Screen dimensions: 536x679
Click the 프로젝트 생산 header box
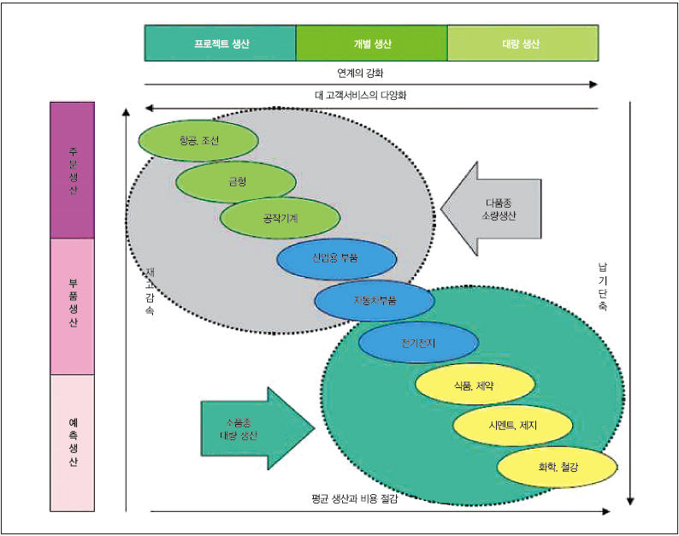pyautogui.click(x=221, y=43)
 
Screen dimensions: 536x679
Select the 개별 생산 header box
pyautogui.click(x=371, y=43)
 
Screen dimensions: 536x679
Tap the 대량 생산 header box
pyautogui.click(x=522, y=43)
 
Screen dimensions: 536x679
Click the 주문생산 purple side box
pyautogui.click(x=73, y=170)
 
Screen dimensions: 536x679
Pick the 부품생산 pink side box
pyautogui.click(x=73, y=306)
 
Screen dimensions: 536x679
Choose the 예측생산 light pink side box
pyautogui.click(x=73, y=443)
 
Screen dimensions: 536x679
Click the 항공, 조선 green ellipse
pyautogui.click(x=198, y=140)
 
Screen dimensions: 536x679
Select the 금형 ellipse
pyautogui.click(x=236, y=182)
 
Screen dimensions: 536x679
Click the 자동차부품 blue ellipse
pyautogui.click(x=375, y=300)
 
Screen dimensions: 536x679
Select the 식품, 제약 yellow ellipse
pyautogui.click(x=475, y=385)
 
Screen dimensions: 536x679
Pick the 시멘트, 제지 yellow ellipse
pyautogui.click(x=512, y=425)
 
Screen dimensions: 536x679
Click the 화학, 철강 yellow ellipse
pyautogui.click(x=557, y=468)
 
